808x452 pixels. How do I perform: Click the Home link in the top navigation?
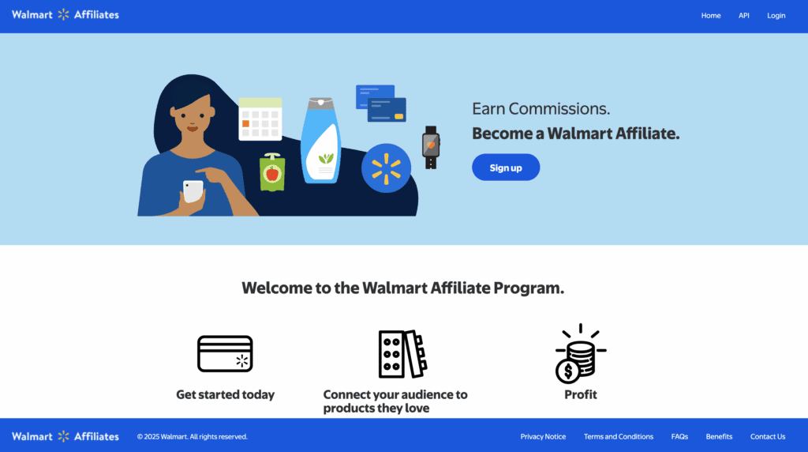(x=711, y=16)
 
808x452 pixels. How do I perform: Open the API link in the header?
(x=743, y=16)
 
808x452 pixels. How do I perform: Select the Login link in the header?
(x=776, y=16)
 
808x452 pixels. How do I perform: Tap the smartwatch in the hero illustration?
(x=430, y=146)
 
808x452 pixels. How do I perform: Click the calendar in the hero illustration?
(x=260, y=119)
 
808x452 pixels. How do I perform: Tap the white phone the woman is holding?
(x=193, y=190)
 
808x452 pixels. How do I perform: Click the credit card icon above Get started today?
(x=225, y=354)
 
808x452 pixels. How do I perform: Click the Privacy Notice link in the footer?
(x=543, y=436)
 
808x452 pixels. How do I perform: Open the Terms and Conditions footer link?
(x=619, y=436)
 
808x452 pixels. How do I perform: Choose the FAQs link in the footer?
(x=679, y=436)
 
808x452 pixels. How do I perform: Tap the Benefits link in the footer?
(x=719, y=436)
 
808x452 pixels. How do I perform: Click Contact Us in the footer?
(x=768, y=436)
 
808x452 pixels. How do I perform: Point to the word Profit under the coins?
(x=581, y=394)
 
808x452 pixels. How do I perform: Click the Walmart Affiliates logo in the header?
(x=65, y=15)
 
